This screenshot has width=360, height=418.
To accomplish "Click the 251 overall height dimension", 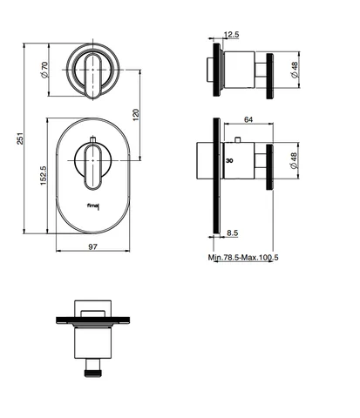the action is coord(20,138).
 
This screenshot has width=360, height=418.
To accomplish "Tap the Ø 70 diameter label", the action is coord(44,70).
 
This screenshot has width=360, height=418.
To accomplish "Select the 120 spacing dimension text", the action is coord(136,115).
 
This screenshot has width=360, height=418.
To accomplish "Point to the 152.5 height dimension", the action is coord(43,175).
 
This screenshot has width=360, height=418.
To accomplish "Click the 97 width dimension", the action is coord(92,246).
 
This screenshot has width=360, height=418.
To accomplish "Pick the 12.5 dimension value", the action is coord(231,35).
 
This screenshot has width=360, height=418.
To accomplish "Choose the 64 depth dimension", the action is coord(248,119).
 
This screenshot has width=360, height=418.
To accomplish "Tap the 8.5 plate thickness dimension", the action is coord(233,233).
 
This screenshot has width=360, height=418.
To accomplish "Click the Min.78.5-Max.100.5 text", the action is coord(243,257).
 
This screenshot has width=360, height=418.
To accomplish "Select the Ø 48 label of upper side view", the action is coord(295,70).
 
